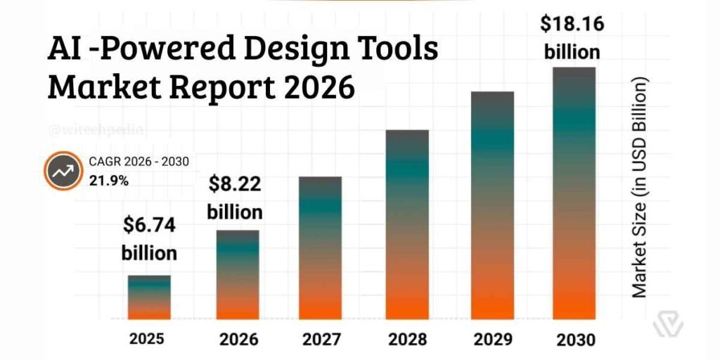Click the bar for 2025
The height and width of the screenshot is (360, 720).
[x=149, y=297]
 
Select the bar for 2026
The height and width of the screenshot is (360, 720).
[x=237, y=275]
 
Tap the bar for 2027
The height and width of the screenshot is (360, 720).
[x=321, y=248]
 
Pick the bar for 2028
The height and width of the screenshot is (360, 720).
[x=407, y=225]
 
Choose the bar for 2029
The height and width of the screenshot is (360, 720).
[x=492, y=205]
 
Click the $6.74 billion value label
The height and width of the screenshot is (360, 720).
[x=149, y=239]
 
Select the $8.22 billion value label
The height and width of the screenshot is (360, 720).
[x=235, y=198]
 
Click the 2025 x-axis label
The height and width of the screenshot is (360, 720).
[x=147, y=339]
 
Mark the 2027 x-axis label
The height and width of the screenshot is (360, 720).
[x=321, y=340]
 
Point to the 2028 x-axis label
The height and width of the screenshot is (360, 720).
[x=408, y=340]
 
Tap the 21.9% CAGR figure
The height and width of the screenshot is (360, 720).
[x=108, y=180]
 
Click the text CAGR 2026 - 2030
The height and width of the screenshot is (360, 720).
[x=139, y=162]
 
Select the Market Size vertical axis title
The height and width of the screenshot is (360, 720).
[x=640, y=187]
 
